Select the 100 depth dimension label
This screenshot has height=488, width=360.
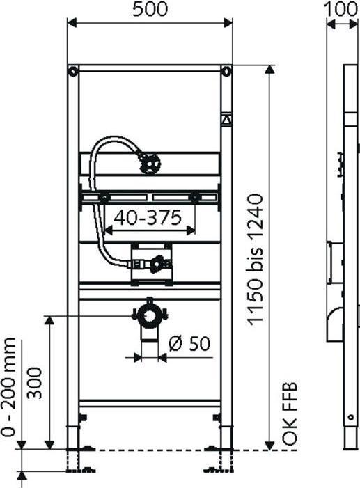point(342,10)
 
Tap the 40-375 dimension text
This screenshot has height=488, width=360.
point(148,217)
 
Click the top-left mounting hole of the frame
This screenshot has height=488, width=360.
point(72,71)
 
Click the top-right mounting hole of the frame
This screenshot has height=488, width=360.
point(226,71)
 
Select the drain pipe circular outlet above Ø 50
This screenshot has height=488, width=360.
point(148,316)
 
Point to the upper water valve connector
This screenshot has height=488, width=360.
point(148,162)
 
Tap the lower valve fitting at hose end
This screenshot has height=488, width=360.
point(158,263)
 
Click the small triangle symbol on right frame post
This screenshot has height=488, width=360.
point(226,119)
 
